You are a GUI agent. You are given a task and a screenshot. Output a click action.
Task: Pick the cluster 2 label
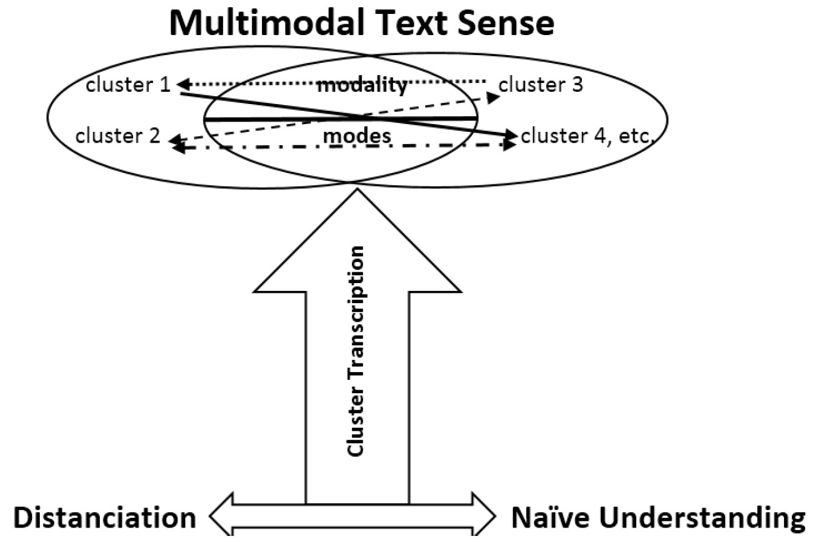(117, 136)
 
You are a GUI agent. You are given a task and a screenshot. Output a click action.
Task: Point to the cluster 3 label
(540, 85)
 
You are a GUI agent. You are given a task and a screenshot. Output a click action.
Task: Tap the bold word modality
(362, 85)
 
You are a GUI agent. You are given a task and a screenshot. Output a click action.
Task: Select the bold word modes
(357, 136)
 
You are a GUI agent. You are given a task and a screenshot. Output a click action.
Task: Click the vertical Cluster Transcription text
(357, 351)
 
